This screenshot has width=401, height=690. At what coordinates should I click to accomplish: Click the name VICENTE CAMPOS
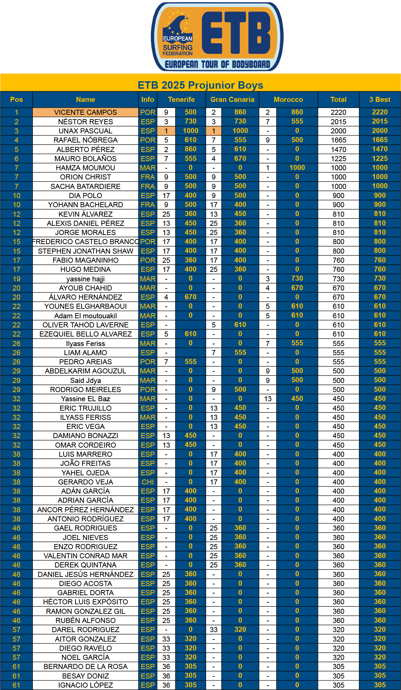coord(85,112)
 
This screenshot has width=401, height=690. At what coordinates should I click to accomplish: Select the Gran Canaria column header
coord(232,100)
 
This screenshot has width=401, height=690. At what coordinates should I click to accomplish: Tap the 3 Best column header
coord(380,100)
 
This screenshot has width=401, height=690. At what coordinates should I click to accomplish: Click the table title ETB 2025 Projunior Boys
coord(200,85)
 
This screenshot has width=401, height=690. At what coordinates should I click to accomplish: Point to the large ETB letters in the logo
coord(236,33)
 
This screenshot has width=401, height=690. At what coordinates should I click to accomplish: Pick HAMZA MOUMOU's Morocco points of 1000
coord(297,168)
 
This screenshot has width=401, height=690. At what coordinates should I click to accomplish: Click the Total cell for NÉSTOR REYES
coord(338,122)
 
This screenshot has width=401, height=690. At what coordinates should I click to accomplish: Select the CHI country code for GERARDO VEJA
coord(148,482)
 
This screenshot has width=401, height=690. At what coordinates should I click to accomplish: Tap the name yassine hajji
coord(85,279)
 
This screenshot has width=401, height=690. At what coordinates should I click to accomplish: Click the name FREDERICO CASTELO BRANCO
coord(85,242)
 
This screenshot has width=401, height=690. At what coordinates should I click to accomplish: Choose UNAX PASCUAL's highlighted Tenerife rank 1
coord(166,131)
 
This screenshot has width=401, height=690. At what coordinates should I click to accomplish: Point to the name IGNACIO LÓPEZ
coord(85,685)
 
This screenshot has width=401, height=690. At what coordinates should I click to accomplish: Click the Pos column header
coord(17,100)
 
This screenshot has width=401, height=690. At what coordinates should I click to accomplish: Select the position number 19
coord(17,279)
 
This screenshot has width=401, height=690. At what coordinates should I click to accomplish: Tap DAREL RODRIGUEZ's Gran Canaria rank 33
coord(214,629)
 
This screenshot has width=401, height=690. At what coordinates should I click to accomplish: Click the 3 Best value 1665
coord(380,140)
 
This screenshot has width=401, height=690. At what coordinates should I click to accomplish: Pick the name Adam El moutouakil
coord(85,316)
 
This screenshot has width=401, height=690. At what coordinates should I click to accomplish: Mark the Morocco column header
coord(288,100)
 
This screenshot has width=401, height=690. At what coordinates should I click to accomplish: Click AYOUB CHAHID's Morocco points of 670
coord(297,288)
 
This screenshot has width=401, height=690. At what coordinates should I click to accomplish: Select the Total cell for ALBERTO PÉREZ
coord(338,149)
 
